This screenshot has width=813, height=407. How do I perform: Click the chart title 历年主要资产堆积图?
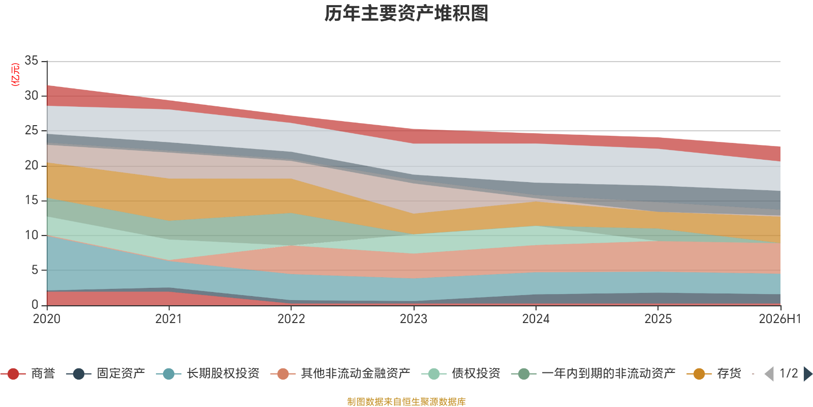pos(406,13)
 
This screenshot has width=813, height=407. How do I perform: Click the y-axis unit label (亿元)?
pos(15,74)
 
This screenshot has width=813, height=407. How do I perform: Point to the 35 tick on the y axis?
pos(31,61)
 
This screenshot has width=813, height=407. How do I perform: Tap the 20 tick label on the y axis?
pos(31,165)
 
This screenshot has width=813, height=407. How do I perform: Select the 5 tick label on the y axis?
pos(35,270)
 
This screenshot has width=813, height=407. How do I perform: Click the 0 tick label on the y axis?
pos(35,305)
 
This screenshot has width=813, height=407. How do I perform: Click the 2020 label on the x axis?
pos(47,318)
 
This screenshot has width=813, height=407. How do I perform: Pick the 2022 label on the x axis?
pos(291,318)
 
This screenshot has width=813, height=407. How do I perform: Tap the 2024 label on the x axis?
pos(536,318)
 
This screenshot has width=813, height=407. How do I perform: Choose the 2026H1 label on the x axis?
pos(780,318)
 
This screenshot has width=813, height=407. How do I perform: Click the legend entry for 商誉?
pos(28,373)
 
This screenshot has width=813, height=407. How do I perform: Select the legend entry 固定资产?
pos(106,373)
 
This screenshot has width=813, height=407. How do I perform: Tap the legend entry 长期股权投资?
pos(208,373)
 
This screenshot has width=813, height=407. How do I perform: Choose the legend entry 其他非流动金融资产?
pos(340,373)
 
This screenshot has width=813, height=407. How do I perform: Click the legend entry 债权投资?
pos(461,373)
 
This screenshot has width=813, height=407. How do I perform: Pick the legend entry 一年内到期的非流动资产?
pos(593,373)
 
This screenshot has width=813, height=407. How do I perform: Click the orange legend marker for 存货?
pos(699,373)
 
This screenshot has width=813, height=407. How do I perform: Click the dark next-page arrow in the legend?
pos(808,374)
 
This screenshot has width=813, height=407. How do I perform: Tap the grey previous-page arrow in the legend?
pos(769,374)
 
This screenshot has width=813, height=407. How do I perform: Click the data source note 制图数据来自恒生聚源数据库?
pos(407,401)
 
